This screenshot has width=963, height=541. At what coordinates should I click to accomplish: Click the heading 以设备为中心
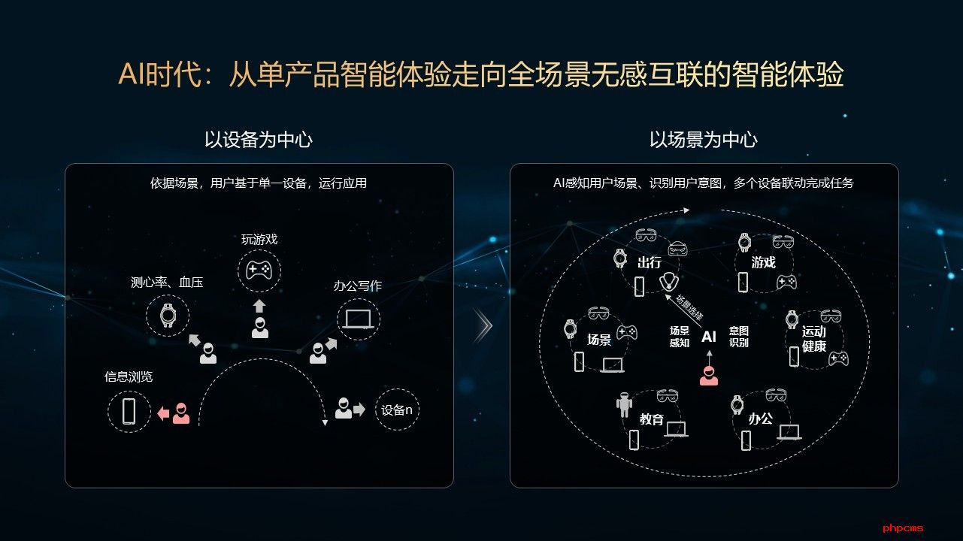click(x=258, y=140)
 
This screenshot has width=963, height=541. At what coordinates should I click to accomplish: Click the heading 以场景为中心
click(x=703, y=140)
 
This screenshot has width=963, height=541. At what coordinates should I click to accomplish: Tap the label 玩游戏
click(x=259, y=240)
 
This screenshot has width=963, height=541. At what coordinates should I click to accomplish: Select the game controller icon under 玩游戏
click(x=259, y=270)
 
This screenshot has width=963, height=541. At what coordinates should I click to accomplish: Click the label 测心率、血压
click(x=167, y=283)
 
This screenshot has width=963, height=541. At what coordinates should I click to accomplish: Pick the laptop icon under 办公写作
click(x=358, y=319)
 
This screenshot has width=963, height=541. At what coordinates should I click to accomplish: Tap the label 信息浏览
click(x=129, y=376)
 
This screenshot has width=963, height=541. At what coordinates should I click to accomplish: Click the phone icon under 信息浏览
click(x=129, y=411)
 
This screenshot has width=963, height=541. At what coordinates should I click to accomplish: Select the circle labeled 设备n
click(x=397, y=410)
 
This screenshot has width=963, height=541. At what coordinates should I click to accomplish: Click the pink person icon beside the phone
click(x=180, y=413)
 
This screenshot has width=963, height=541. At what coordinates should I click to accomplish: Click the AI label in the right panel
click(x=708, y=337)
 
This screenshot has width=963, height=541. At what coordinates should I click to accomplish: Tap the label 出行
click(x=649, y=263)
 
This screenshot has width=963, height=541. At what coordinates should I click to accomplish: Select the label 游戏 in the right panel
click(x=763, y=263)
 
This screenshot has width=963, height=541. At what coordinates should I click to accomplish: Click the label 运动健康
click(x=813, y=339)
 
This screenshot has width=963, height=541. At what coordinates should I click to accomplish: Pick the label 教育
click(x=652, y=419)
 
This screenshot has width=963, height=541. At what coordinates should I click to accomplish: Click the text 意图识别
click(x=738, y=337)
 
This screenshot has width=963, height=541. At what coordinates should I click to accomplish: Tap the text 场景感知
click(x=679, y=337)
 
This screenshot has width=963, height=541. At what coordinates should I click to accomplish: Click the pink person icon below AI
click(x=708, y=375)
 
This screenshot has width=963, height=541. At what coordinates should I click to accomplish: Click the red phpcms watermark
click(x=903, y=528)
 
